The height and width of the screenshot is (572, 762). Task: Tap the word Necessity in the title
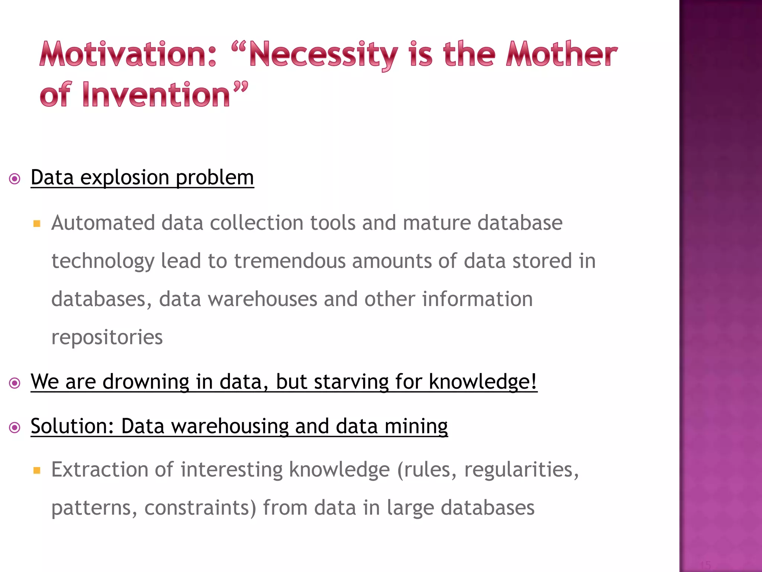pyautogui.click(x=323, y=55)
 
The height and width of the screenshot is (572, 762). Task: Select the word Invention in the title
pyautogui.click(x=157, y=95)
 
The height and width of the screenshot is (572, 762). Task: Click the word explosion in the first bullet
pyautogui.click(x=125, y=178)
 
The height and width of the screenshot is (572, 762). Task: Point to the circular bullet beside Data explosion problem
pyautogui.click(x=15, y=179)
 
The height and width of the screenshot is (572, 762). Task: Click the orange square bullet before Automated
pyautogui.click(x=36, y=223)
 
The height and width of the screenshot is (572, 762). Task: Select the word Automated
pyautogui.click(x=103, y=223)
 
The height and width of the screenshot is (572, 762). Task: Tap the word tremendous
pyautogui.click(x=290, y=261)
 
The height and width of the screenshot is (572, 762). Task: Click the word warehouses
pyautogui.click(x=262, y=299)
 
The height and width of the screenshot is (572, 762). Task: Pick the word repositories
pyautogui.click(x=107, y=337)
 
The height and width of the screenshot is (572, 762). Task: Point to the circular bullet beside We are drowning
pyautogui.click(x=15, y=383)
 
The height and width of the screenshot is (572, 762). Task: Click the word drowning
pyautogui.click(x=145, y=382)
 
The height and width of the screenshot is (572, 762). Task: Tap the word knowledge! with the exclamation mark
pyautogui.click(x=483, y=382)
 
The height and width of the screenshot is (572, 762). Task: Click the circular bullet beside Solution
pyautogui.click(x=15, y=428)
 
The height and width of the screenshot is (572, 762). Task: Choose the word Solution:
pyautogui.click(x=72, y=426)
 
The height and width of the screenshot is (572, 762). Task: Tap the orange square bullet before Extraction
pyautogui.click(x=36, y=470)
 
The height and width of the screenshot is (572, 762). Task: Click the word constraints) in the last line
pyautogui.click(x=200, y=508)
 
